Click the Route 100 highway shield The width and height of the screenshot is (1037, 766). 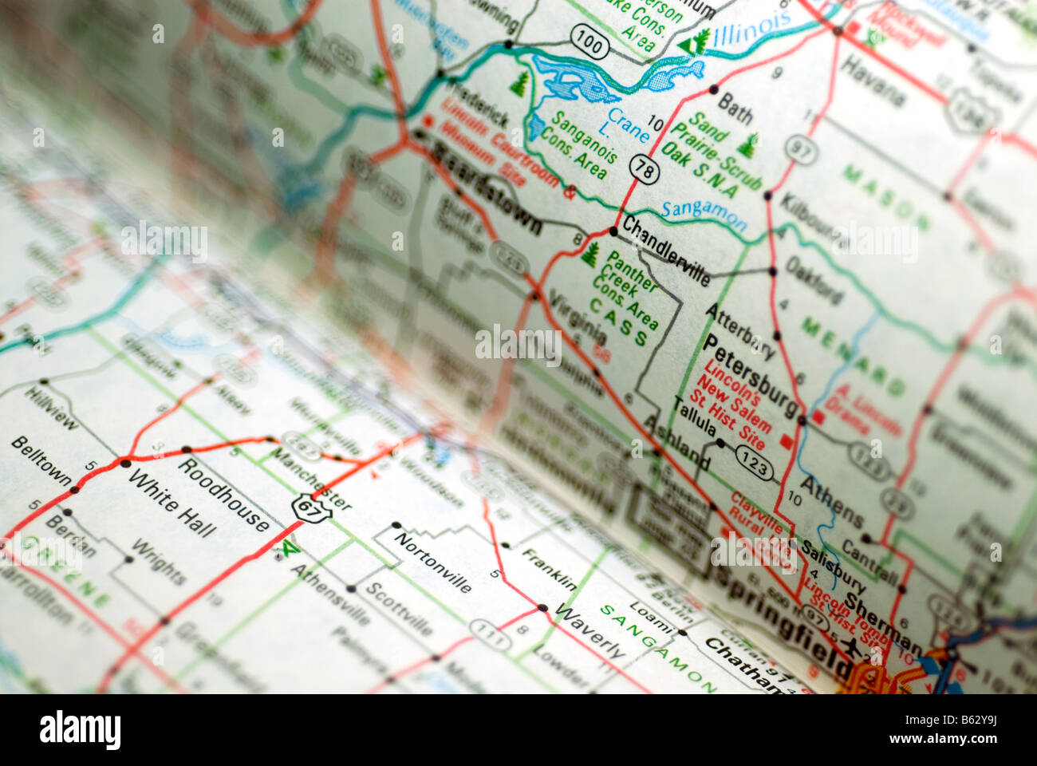pos(589,42)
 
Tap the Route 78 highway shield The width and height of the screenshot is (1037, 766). pos(643,168)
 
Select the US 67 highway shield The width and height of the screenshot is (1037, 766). pos(310,508)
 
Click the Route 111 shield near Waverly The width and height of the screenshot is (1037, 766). pos(490,634)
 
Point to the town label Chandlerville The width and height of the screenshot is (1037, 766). pos(665,250)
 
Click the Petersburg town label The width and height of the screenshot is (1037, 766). pos(751,381)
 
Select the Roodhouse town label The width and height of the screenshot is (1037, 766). pos(223,494)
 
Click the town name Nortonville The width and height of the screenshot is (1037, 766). pos(432,563)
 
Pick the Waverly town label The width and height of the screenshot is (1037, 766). pos(590,631)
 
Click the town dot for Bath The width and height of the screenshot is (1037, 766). pos(712,89)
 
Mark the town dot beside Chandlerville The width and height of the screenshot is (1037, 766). pos(613,231)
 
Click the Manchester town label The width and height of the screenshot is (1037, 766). pos(311,480)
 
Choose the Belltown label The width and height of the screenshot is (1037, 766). pos(41,460)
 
